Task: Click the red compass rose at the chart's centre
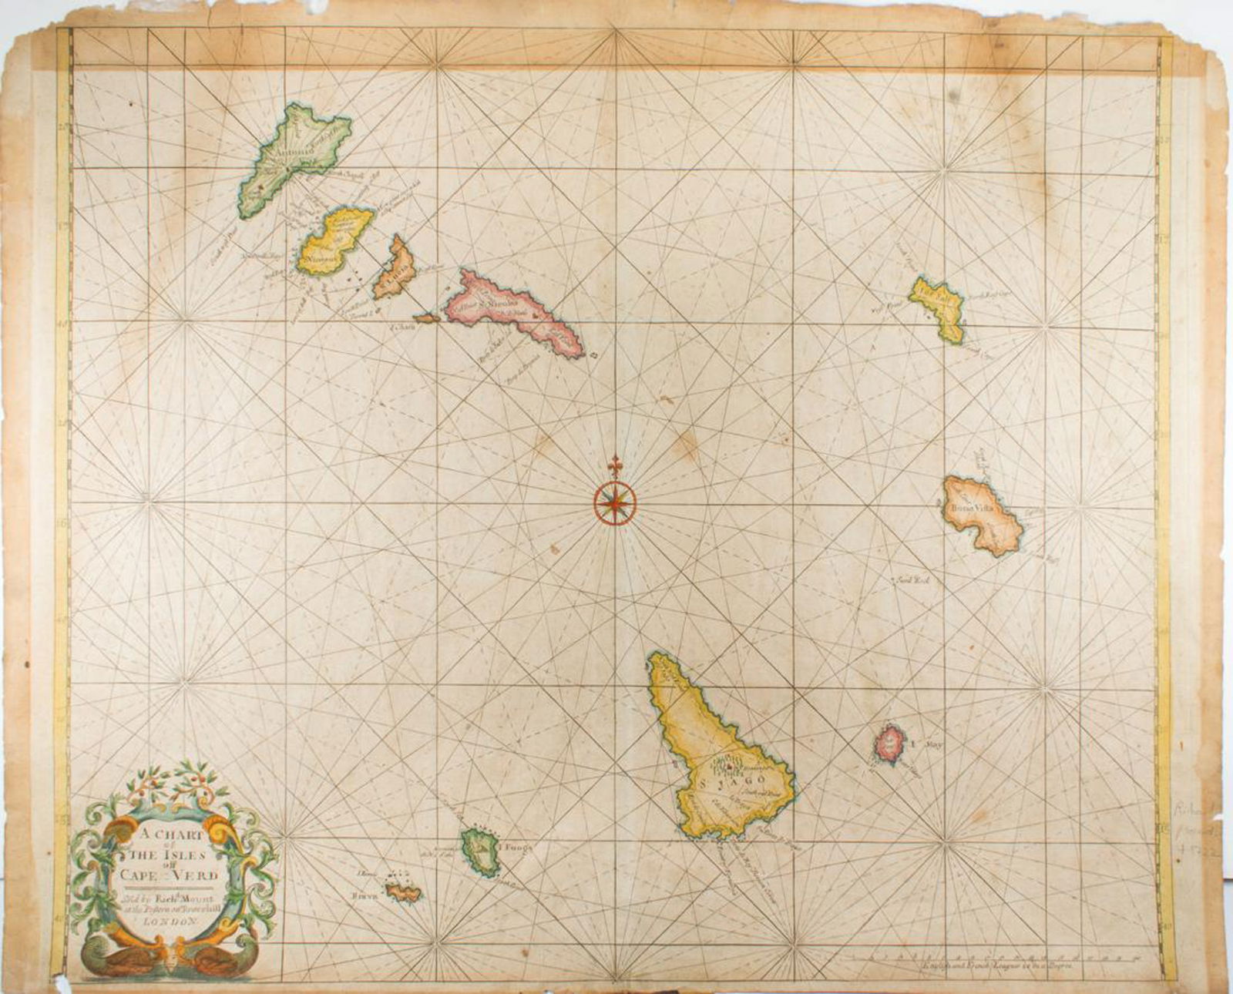[x=615, y=502]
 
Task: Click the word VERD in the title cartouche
[x=195, y=875]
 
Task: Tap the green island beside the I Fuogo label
[x=479, y=851]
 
